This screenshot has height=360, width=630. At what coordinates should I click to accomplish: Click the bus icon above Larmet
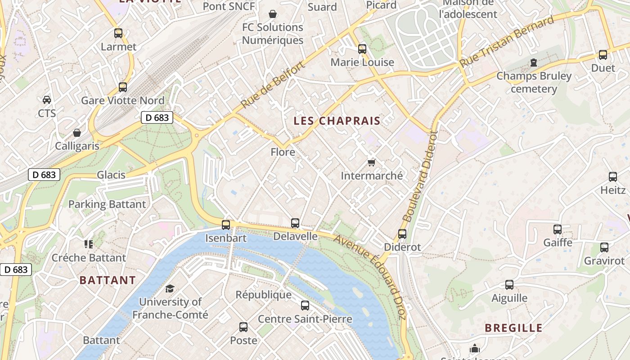pos(118,33)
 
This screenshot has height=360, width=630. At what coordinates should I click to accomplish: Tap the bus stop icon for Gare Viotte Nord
pos(123,87)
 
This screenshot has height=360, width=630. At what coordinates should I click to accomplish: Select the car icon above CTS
pos(47,99)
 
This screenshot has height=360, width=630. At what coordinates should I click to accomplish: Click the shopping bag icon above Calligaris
pos(77,133)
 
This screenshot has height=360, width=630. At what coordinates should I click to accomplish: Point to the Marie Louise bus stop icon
pos(362,49)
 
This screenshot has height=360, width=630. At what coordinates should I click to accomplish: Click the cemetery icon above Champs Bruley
pos(534,62)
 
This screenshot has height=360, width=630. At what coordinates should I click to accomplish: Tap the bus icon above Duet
pos(603,55)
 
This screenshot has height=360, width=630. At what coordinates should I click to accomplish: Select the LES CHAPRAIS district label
pos(337,121)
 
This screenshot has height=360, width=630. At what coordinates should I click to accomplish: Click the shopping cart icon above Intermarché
pos(372,162)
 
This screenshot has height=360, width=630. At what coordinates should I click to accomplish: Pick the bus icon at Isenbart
pos(226,225)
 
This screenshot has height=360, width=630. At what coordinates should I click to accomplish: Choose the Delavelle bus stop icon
pos(295,223)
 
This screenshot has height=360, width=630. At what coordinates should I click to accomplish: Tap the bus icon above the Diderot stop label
pos(402,234)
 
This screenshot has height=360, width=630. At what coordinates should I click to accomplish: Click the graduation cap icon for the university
pos(170,288)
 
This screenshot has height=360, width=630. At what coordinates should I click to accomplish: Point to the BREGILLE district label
pos(513,328)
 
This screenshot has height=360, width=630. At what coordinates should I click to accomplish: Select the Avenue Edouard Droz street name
pos(370,276)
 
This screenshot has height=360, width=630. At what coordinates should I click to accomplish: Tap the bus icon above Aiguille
pos(509,284)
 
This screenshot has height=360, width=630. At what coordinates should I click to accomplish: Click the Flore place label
pos(283,152)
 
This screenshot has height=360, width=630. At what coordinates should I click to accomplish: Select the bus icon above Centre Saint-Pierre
pos(305,306)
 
